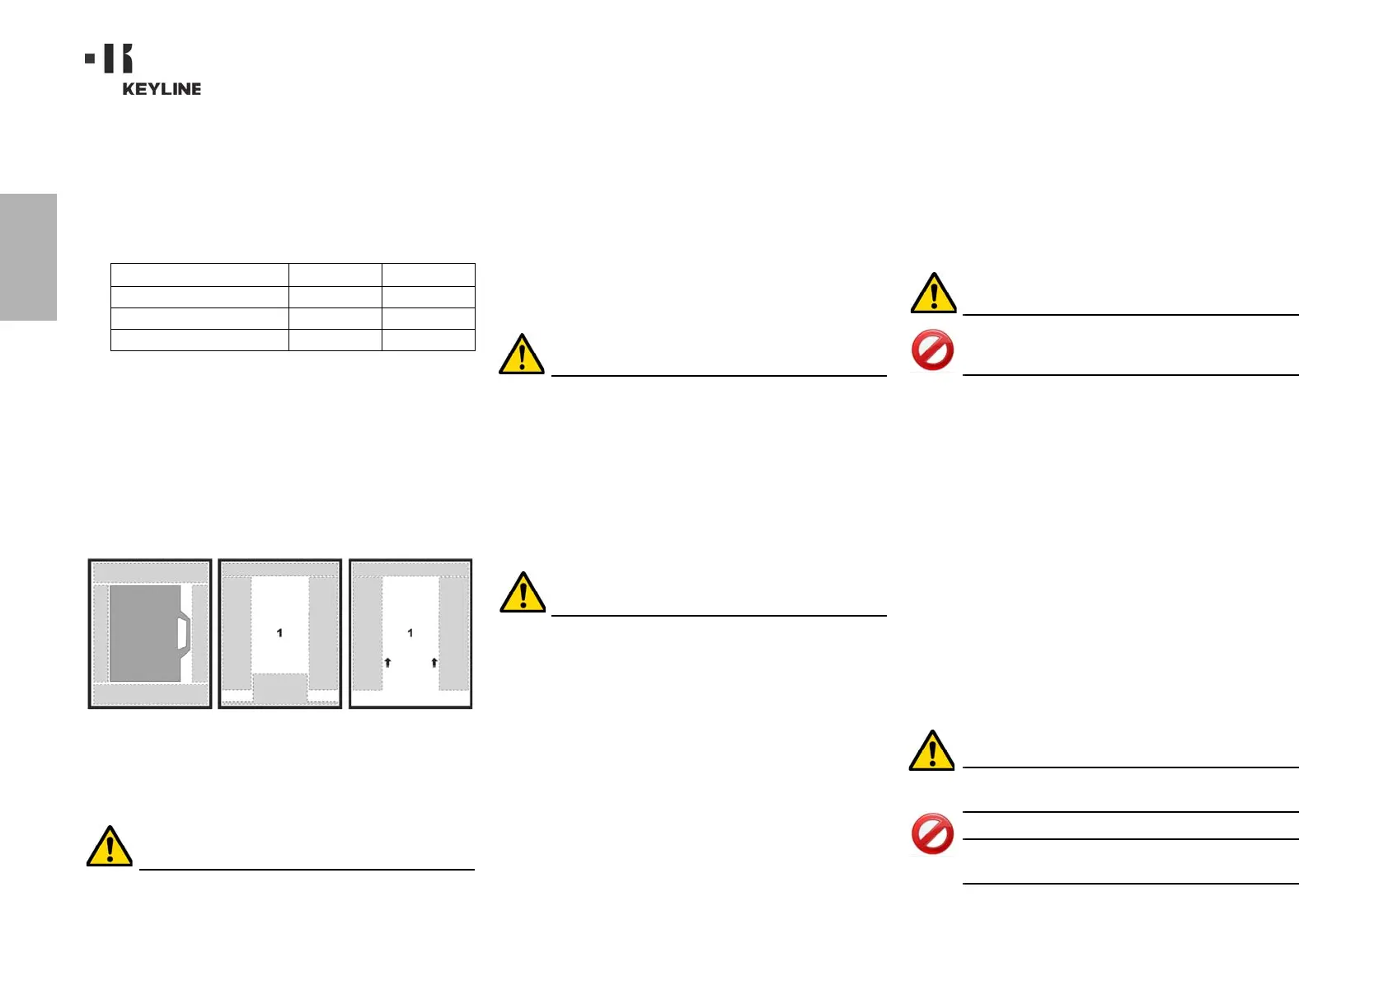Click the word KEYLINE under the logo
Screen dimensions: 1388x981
[162, 89]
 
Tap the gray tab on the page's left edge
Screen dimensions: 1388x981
[28, 256]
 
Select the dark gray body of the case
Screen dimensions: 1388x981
[145, 633]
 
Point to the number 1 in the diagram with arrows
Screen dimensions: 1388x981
[410, 633]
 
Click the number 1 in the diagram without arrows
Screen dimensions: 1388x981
[279, 633]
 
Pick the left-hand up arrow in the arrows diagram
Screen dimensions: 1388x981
[387, 662]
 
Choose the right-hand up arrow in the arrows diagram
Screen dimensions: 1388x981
[434, 662]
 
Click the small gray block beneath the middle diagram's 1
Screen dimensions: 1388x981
[279, 688]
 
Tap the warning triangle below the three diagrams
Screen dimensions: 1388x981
[110, 846]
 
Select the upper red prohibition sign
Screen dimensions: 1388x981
[932, 350]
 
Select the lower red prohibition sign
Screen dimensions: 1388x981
[932, 833]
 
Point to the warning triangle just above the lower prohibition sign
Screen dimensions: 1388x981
[931, 750]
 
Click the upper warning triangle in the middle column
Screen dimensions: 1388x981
[522, 354]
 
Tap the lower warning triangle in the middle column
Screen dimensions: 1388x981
[523, 592]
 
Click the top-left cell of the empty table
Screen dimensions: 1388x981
[199, 275]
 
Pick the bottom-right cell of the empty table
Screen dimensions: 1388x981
[429, 340]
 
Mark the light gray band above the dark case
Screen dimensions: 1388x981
[150, 573]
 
